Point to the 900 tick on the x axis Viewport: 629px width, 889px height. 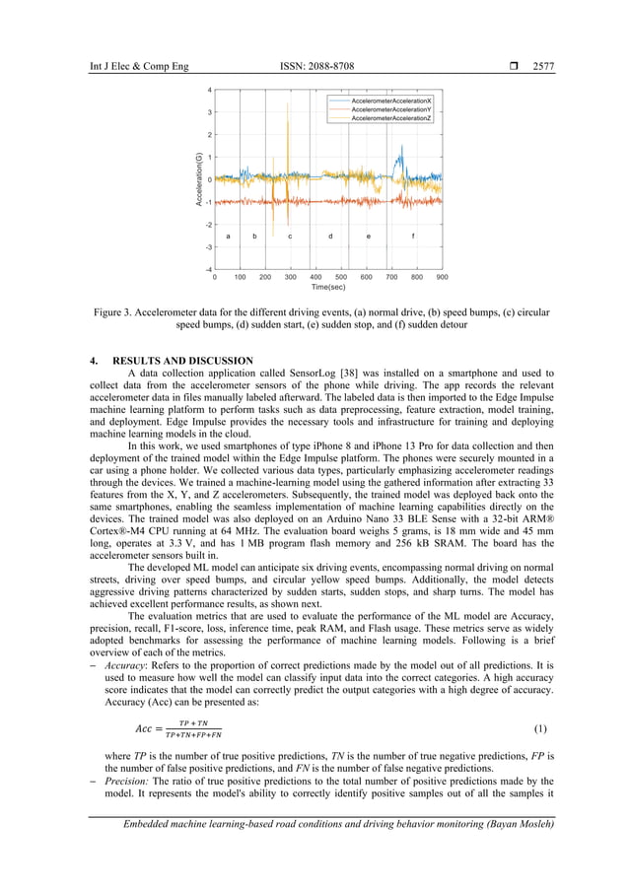click(442, 278)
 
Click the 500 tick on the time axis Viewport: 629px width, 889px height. click(341, 278)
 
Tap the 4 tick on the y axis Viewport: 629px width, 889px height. click(209, 90)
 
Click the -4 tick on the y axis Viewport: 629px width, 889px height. click(208, 269)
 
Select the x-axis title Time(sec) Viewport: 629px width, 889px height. click(328, 288)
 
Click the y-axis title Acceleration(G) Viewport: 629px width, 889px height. click(198, 179)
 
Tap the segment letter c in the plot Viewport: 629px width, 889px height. click(290, 237)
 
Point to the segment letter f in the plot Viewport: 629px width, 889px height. click(412, 237)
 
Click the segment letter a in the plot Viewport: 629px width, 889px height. click(228, 237)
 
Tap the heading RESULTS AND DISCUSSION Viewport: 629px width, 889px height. click(182, 361)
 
